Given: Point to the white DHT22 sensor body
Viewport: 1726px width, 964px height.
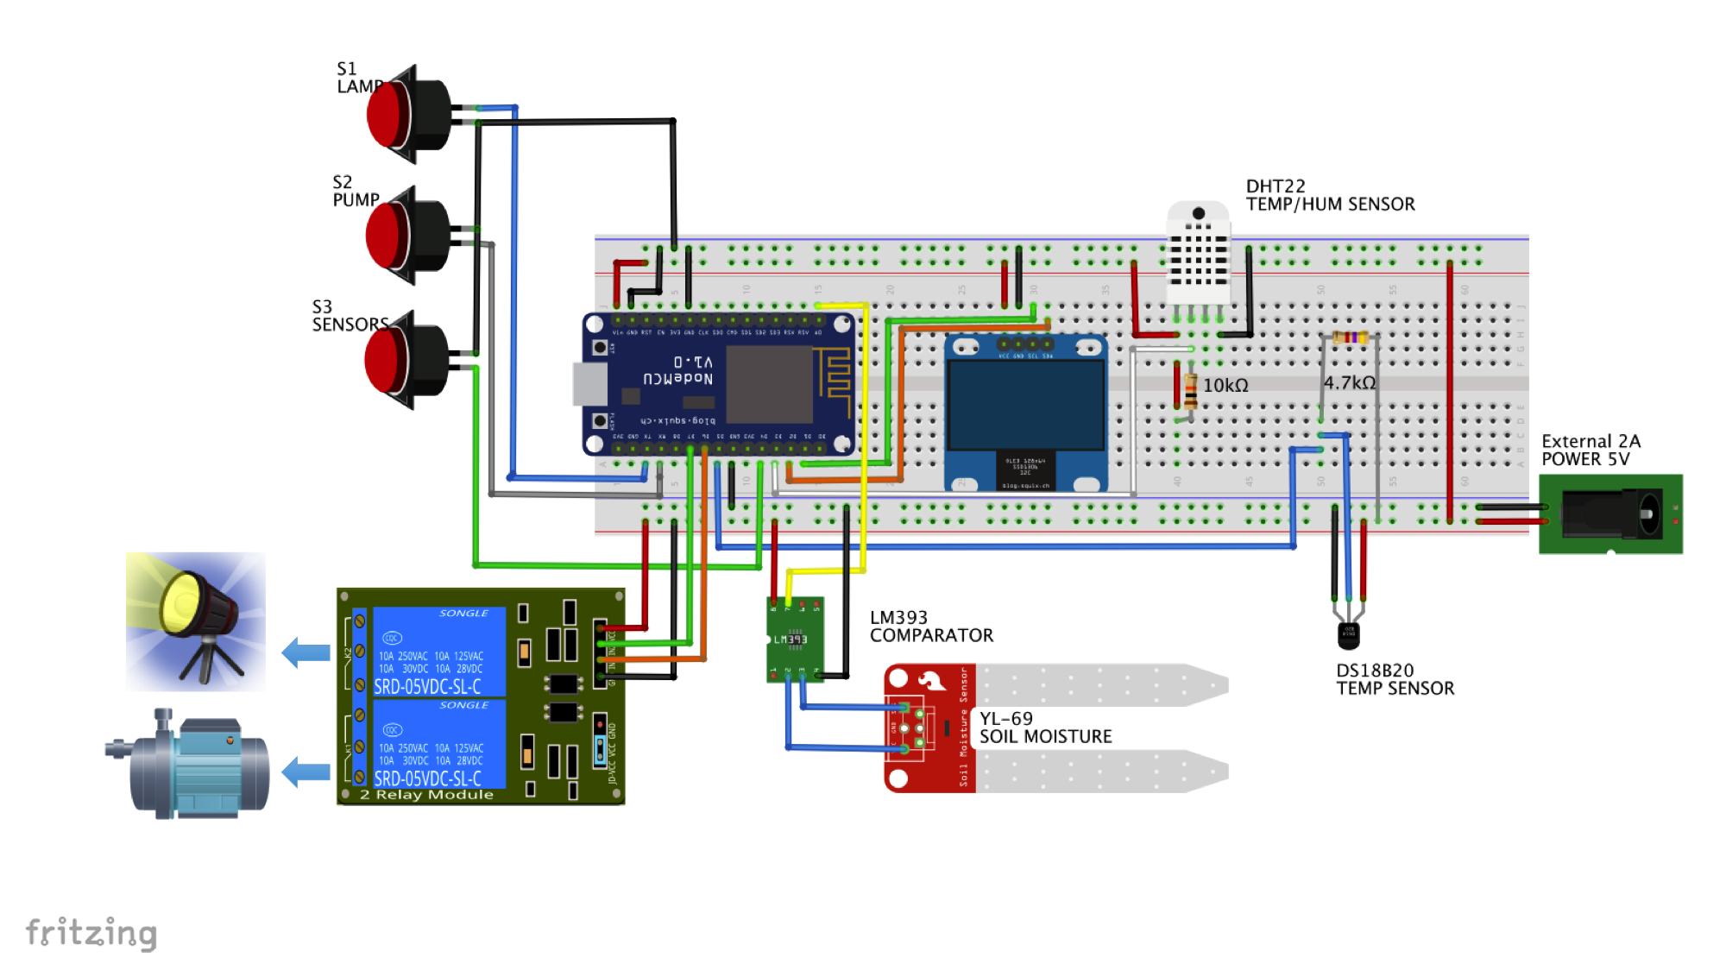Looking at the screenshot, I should (x=1197, y=250).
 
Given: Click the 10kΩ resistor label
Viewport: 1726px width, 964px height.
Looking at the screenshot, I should (x=1225, y=386).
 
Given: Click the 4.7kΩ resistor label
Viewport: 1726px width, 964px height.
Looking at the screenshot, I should (x=1350, y=382).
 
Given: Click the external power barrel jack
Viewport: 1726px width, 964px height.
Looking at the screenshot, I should (x=1610, y=514).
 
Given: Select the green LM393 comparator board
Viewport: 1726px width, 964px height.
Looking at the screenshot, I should (x=795, y=640).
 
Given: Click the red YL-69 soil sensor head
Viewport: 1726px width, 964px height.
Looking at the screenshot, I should (x=929, y=728).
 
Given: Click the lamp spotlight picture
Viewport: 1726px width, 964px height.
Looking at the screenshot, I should (x=196, y=621).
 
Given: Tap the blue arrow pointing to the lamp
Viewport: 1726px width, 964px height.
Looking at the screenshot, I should (x=306, y=652).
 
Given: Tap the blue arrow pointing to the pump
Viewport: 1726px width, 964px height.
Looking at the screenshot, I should (x=306, y=772).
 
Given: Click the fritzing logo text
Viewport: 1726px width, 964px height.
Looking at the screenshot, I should (x=91, y=933).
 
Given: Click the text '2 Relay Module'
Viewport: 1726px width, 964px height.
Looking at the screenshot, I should (x=426, y=795).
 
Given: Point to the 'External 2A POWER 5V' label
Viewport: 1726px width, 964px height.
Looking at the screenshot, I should (x=1591, y=450).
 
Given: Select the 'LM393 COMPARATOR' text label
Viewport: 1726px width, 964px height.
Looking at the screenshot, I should (x=930, y=627).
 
